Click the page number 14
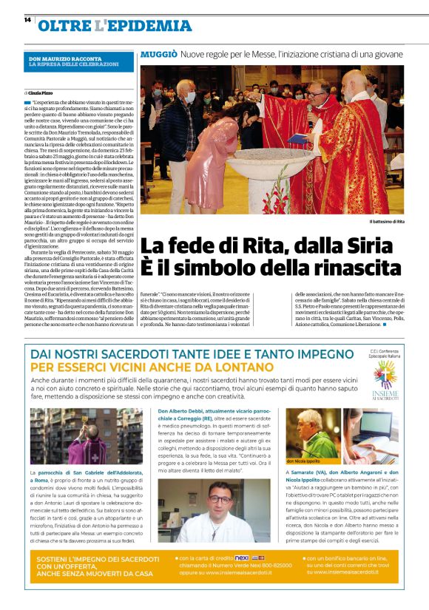pyautogui.click(x=27, y=20)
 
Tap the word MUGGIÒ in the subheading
pyautogui.click(x=158, y=54)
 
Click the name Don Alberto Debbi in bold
pyautogui.click(x=185, y=410)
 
